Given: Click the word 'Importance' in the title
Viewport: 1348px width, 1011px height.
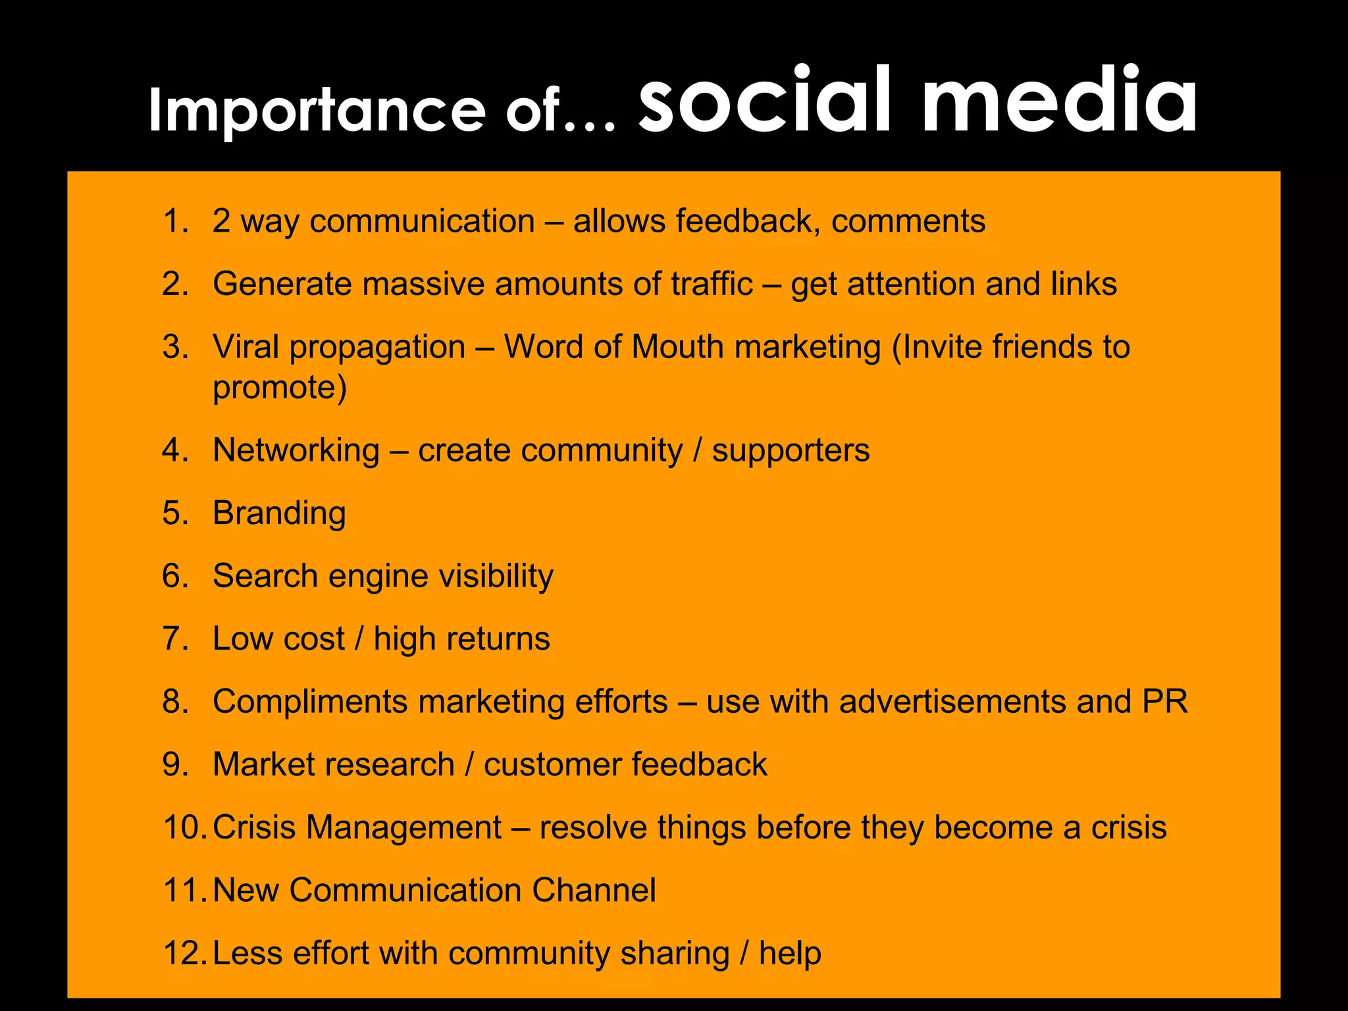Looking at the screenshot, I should point(317,111).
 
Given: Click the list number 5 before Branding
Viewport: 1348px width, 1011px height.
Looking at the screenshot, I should point(175,513).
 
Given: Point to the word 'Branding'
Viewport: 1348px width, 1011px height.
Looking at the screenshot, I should point(279,513).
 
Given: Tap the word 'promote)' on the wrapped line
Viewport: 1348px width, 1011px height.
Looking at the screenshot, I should point(279,388).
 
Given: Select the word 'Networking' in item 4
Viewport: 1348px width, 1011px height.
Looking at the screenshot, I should point(296,452).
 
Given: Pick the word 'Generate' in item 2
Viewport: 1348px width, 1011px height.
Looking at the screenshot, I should point(282,284).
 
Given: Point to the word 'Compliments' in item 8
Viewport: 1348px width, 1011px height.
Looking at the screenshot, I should point(310,702).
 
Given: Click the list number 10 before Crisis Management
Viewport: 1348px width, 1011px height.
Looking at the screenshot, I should point(185,827).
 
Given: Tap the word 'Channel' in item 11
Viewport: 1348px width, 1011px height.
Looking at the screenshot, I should point(594,891).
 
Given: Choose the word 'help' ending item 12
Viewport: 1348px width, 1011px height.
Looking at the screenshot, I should point(790,954).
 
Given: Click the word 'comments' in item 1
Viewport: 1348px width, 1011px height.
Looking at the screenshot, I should point(908,222).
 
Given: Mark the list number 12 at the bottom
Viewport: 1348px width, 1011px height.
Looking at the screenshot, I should point(185,954).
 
